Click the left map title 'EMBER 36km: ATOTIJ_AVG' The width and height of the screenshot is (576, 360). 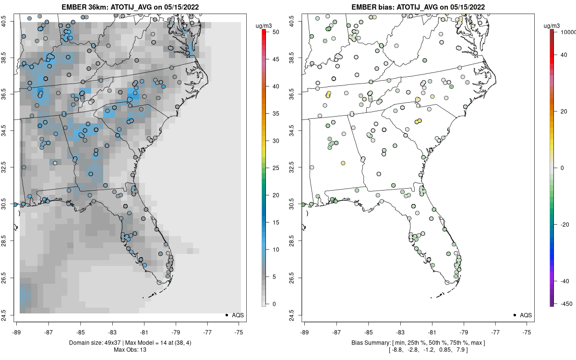pos(130,7)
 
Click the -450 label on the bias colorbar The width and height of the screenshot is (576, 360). pos(564,303)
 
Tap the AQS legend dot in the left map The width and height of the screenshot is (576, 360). pos(226,315)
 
